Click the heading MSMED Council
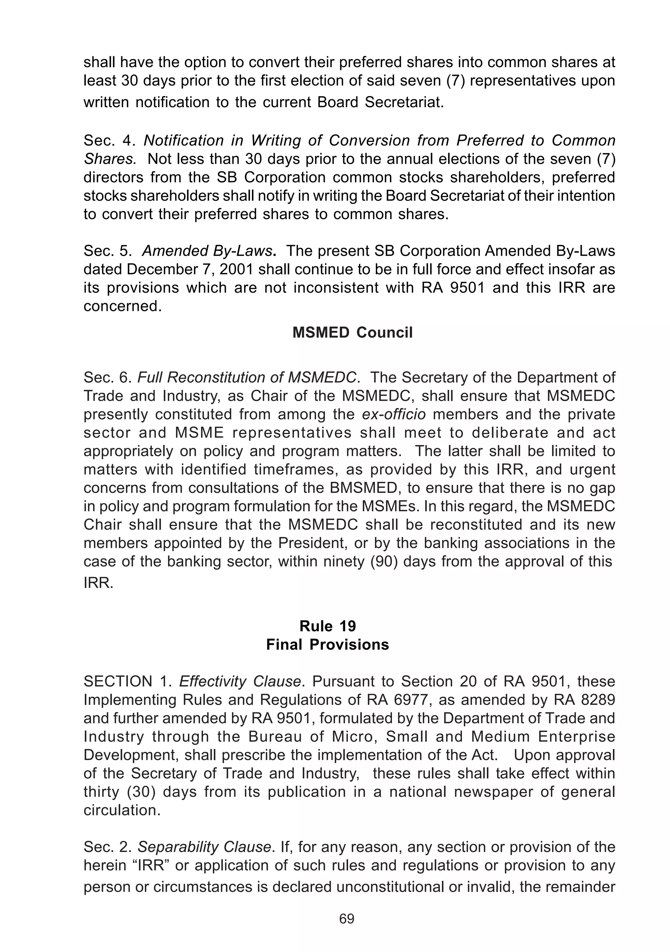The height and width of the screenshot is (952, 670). point(352,332)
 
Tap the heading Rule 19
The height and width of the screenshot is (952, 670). point(327,626)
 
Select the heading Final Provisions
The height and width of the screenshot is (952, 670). point(327,644)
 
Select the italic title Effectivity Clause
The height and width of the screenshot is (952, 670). point(240,681)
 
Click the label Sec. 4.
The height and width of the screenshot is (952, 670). point(109,141)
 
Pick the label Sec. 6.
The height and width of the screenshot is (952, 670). point(107,377)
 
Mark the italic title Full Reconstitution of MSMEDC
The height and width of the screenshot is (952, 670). point(246,377)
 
